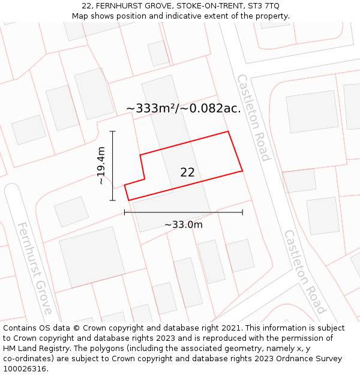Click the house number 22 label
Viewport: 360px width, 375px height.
pos(187,173)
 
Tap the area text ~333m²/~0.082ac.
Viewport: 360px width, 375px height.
pos(183,109)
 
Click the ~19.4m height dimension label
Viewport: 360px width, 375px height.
pos(101,165)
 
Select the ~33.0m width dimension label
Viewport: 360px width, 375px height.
pos(183,225)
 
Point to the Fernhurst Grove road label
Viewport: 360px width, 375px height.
pos(34,268)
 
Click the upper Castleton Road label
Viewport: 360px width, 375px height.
pos(253,118)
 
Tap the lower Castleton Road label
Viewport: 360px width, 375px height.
pos(304,272)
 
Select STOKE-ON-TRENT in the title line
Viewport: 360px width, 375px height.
pos(211,5)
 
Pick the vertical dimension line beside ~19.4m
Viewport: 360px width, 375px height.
pos(112,166)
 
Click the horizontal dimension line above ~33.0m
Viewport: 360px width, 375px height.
pos(183,212)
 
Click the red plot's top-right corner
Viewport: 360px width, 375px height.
pos(228,131)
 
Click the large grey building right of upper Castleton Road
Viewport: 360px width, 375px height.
pos(312,112)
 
